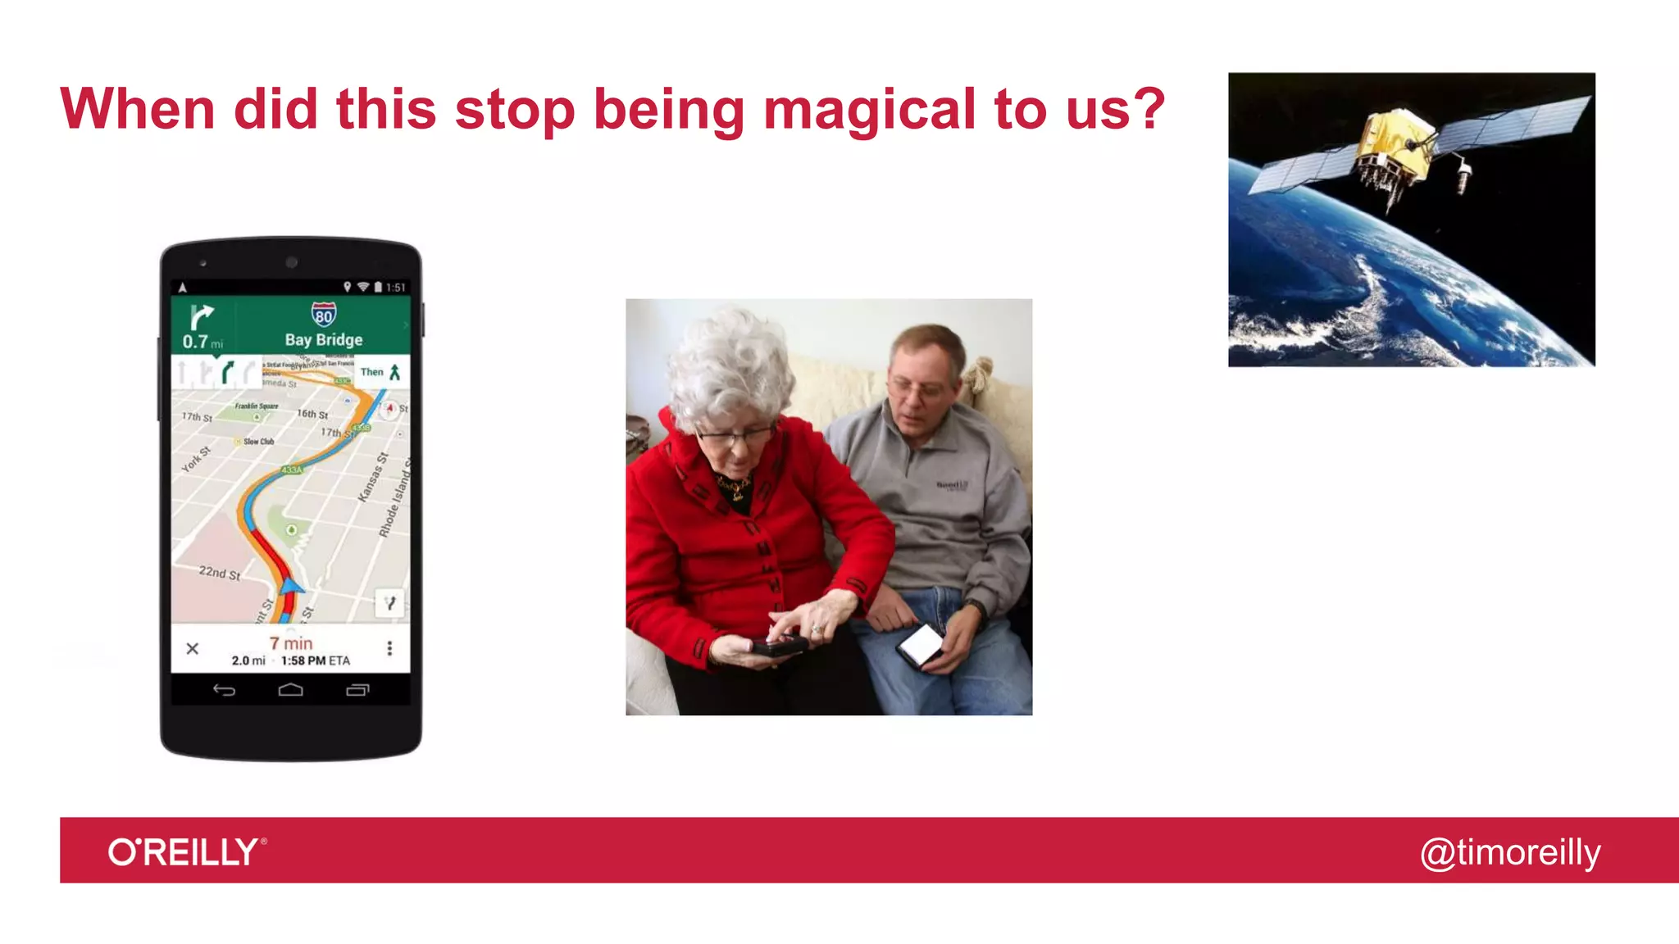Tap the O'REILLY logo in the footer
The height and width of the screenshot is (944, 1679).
click(187, 852)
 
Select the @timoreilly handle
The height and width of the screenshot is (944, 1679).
click(1509, 852)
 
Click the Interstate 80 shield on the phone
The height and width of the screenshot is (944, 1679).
click(324, 315)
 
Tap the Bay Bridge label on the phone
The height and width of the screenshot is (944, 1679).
click(324, 339)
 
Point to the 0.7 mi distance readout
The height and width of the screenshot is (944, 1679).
click(202, 342)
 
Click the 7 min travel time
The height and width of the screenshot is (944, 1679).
click(291, 643)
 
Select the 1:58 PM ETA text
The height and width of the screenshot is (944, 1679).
click(315, 660)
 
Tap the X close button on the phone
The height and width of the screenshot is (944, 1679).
click(193, 649)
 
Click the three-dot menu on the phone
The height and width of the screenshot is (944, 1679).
click(389, 648)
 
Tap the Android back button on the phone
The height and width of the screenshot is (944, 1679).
click(224, 690)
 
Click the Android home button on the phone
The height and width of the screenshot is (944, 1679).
click(290, 690)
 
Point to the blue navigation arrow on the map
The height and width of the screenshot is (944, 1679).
click(291, 585)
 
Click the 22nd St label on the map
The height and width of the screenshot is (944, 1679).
click(220, 573)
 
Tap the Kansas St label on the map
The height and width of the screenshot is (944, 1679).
click(372, 477)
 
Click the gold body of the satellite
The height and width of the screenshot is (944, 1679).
click(1394, 147)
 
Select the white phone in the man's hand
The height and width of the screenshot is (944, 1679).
click(920, 644)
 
